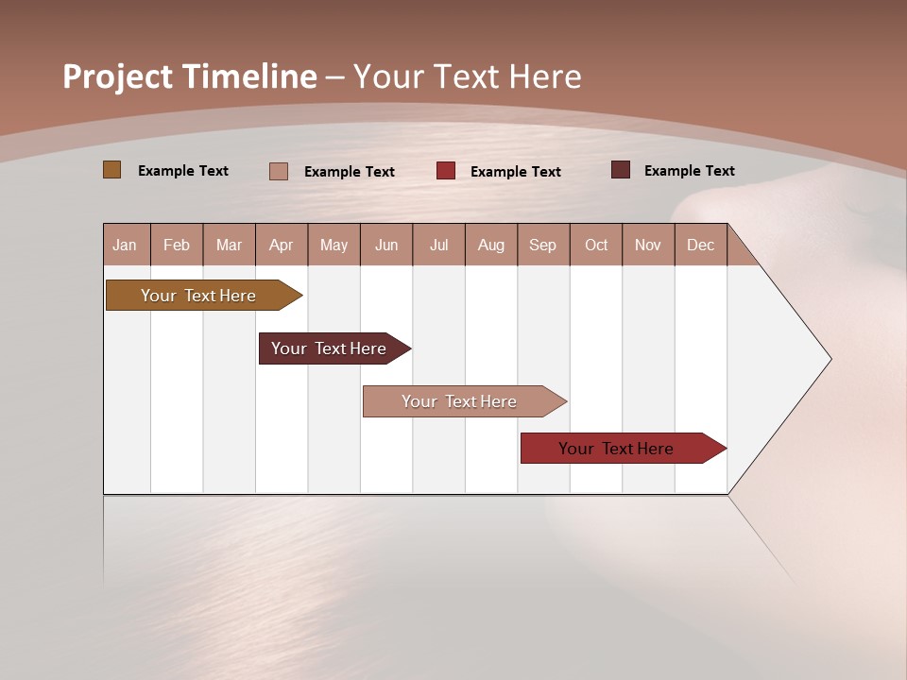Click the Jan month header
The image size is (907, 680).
(125, 245)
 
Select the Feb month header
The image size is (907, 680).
(177, 245)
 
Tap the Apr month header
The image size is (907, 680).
(281, 245)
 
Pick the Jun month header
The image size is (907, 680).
(386, 245)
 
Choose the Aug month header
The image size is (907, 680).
(490, 245)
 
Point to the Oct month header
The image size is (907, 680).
(596, 245)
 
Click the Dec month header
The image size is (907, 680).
(700, 245)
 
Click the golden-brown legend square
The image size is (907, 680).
(111, 170)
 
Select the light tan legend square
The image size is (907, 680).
(278, 171)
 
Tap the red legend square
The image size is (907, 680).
(446, 171)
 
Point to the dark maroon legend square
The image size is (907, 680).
(620, 170)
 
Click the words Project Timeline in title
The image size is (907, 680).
(189, 76)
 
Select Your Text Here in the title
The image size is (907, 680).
(468, 76)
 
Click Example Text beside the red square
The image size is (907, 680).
(515, 172)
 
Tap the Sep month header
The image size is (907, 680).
(542, 245)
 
